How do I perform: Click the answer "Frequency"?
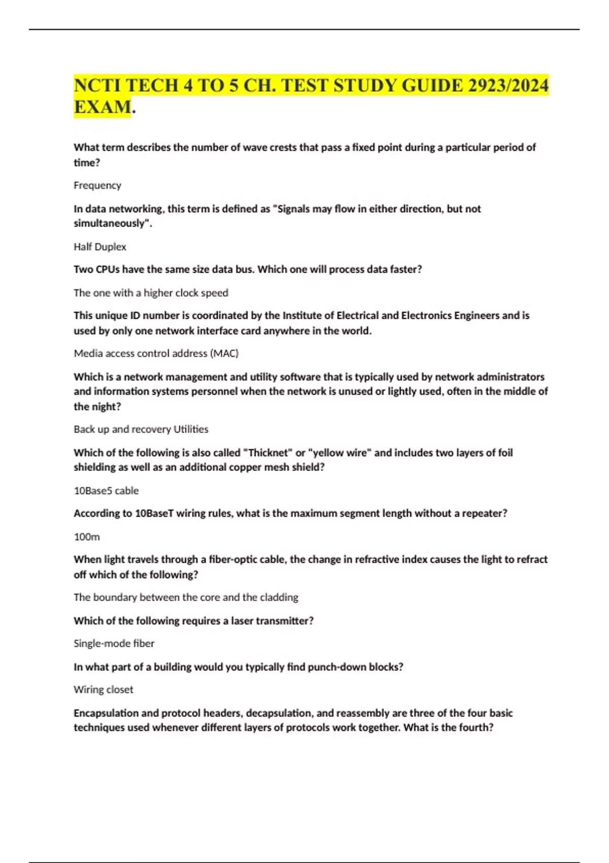coord(97,185)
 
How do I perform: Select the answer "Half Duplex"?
coord(100,247)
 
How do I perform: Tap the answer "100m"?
coord(87,537)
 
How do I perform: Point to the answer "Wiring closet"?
coord(104,689)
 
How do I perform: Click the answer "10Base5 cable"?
coord(106,490)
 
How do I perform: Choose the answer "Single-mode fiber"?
coord(114,643)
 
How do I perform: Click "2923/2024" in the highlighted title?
coord(508,85)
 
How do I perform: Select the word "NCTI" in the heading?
coord(96,85)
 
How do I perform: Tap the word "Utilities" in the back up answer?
coord(191,429)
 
